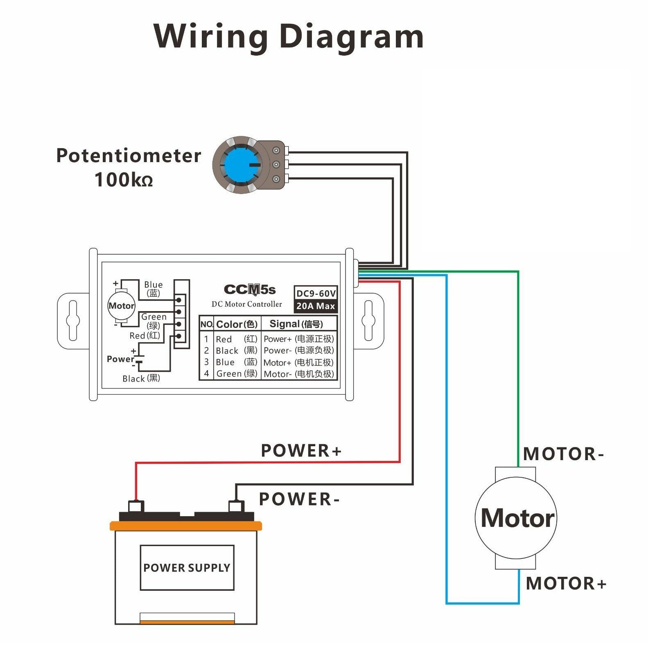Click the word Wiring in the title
point(211,37)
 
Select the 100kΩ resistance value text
point(124,180)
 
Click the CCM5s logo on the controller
point(250,290)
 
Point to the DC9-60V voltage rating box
point(316,293)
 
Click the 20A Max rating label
point(316,306)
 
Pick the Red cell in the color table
point(224,339)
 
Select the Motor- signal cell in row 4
point(299,374)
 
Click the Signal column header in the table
point(296,324)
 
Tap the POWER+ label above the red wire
point(301,451)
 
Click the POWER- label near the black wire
point(299,499)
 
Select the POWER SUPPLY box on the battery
point(187,567)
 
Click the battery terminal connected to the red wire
point(136,506)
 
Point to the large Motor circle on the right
point(516,518)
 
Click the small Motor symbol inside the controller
point(121,306)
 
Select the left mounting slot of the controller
point(73,321)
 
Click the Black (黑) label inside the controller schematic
point(141,378)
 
